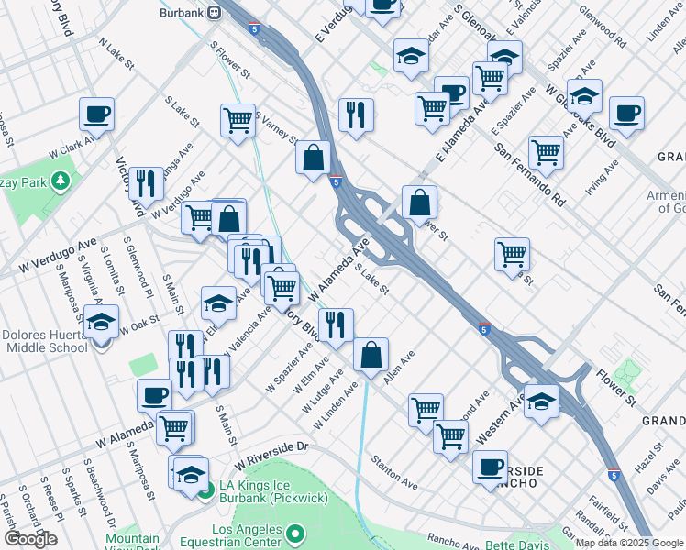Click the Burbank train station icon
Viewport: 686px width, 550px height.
[x=214, y=13]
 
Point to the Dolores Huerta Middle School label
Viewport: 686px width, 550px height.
[x=44, y=341]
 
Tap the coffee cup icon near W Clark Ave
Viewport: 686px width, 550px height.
[x=96, y=115]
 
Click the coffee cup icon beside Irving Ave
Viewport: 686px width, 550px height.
[x=625, y=114]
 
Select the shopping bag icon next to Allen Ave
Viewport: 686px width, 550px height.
[x=371, y=355]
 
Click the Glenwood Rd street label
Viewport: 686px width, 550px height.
[x=608, y=29]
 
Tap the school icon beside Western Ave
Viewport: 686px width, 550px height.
[x=541, y=401]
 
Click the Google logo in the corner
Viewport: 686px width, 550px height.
[x=31, y=539]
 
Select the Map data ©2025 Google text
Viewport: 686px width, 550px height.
[x=629, y=543]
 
